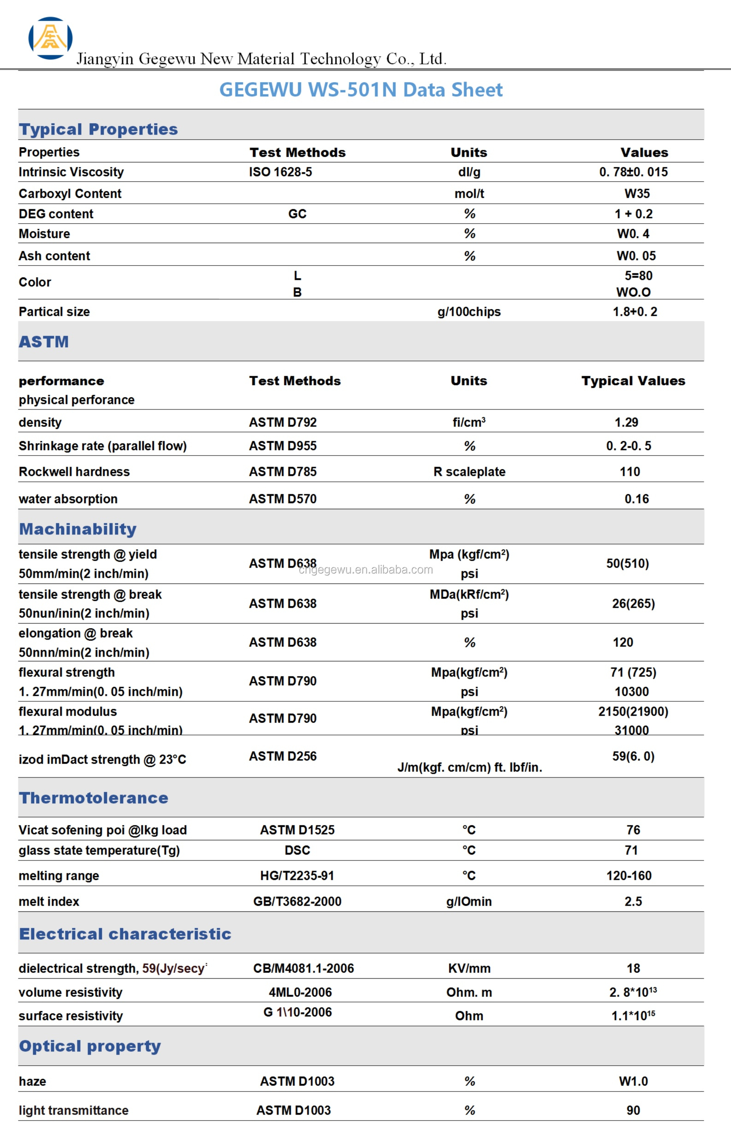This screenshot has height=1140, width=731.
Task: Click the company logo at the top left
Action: click(50, 38)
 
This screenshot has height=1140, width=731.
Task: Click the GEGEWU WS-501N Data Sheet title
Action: click(361, 90)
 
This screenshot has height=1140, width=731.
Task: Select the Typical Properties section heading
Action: click(98, 129)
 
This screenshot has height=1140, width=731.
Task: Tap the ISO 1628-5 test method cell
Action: click(281, 172)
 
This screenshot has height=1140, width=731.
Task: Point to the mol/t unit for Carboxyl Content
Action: click(469, 194)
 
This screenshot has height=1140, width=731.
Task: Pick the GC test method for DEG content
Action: click(297, 214)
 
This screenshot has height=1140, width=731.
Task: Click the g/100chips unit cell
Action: click(469, 311)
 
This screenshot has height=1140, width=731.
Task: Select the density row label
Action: click(41, 422)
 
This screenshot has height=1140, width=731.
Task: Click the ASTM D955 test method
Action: click(283, 446)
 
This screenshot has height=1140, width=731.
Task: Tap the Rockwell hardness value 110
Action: click(630, 471)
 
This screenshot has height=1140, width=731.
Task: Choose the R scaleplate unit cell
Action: click(469, 471)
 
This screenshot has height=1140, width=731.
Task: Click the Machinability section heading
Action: click(78, 529)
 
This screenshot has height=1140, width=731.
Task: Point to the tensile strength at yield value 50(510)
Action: click(627, 564)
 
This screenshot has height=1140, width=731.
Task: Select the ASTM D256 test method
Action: click(283, 756)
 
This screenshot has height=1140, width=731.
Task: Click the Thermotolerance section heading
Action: click(94, 798)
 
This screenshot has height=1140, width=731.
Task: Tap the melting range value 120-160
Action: click(629, 876)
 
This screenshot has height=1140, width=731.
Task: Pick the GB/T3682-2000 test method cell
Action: click(297, 901)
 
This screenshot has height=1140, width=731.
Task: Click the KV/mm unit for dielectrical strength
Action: click(469, 968)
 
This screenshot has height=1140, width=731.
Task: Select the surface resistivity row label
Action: click(71, 1015)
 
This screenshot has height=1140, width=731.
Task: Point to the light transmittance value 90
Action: click(633, 1110)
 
